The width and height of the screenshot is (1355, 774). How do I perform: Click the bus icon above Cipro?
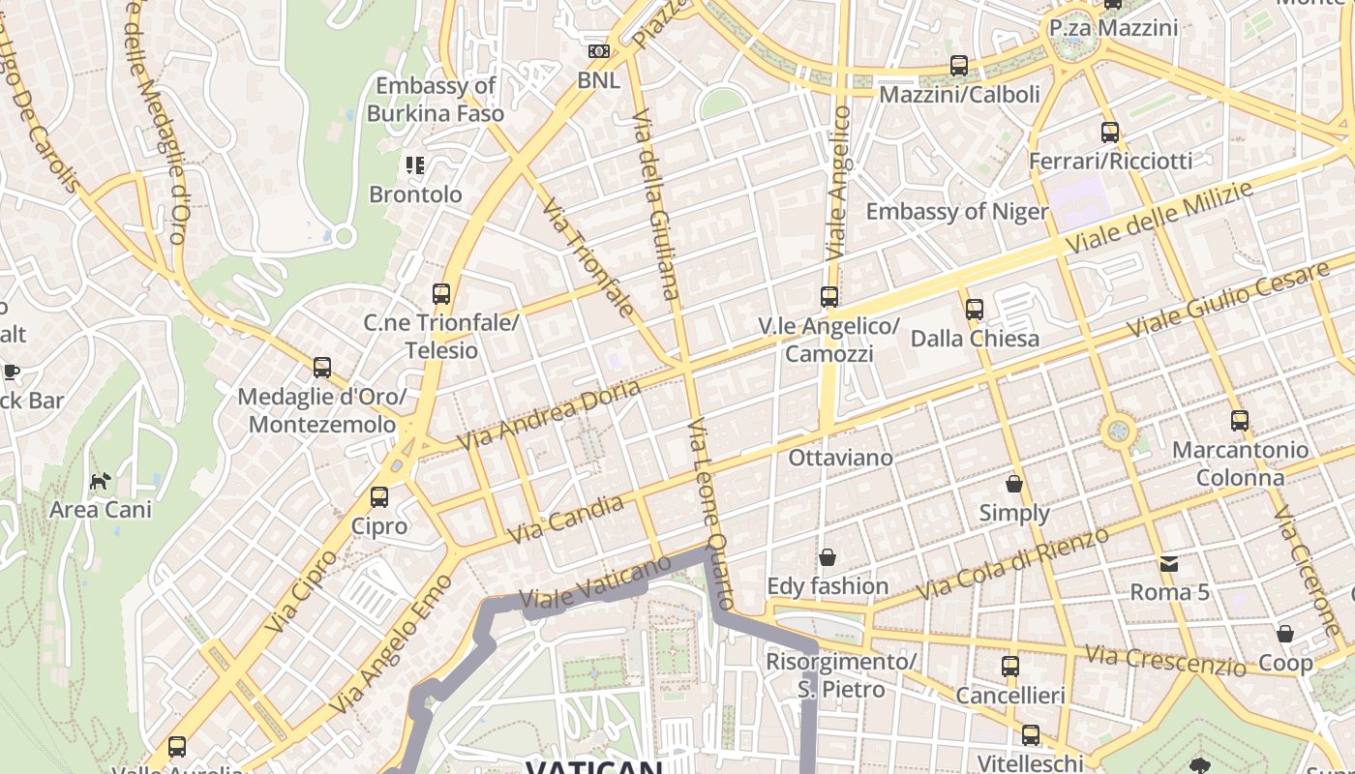point(379,497)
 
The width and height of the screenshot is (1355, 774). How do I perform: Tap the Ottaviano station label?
point(840,458)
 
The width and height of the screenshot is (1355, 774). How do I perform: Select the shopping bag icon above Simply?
point(1013,484)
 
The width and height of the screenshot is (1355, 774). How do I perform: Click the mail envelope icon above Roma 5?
point(1169,563)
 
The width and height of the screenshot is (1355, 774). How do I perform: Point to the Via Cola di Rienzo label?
point(1012,564)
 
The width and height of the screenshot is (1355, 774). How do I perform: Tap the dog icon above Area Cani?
point(100,480)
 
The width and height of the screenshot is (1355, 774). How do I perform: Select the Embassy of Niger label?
point(956,212)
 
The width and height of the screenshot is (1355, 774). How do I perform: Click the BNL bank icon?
point(599,51)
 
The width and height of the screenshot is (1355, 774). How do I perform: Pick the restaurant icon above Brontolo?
point(415,165)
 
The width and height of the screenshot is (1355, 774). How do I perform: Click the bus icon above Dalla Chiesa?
point(974,310)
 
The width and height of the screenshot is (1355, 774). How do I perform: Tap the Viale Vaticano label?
point(595,584)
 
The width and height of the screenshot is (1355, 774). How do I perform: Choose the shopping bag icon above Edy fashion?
point(828,557)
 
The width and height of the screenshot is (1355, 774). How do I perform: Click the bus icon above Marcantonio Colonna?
point(1240,421)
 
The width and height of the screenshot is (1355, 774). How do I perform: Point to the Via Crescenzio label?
point(1165,661)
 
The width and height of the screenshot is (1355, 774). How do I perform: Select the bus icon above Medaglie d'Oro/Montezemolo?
point(322,368)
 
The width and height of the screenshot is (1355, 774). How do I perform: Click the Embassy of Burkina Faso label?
point(436,100)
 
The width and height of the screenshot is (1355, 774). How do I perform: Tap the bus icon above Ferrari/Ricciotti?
point(1110,133)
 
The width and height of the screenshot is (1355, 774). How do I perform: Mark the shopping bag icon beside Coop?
point(1285,635)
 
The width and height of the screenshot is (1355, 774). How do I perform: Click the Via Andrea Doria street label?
point(549,414)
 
